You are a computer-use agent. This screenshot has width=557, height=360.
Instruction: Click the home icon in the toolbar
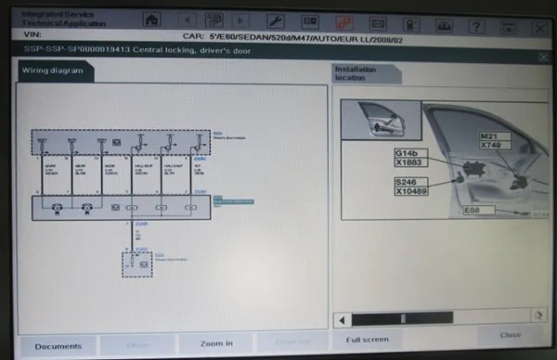click(151, 19)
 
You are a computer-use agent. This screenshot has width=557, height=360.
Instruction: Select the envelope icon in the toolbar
click(378, 19)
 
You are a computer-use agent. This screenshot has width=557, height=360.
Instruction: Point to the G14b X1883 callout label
click(410, 157)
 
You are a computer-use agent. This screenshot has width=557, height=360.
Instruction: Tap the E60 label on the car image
click(473, 212)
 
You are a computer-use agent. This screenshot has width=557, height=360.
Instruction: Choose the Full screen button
click(367, 340)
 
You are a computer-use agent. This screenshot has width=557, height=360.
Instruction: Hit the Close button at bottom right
click(510, 336)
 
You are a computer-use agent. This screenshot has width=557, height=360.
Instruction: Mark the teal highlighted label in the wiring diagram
click(222, 199)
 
